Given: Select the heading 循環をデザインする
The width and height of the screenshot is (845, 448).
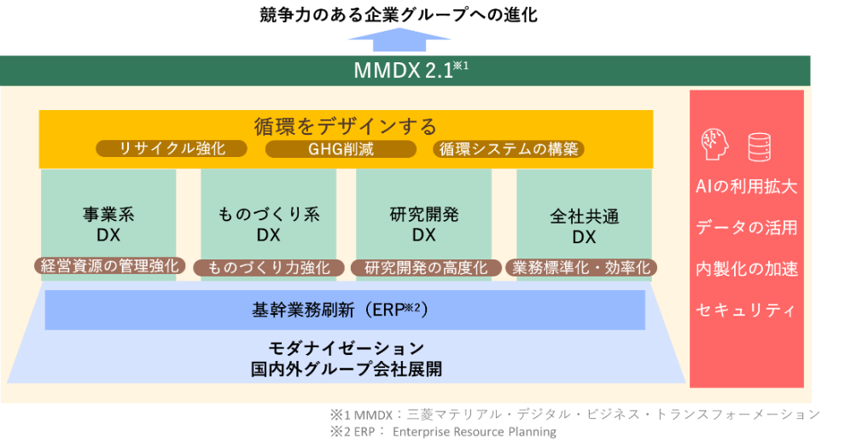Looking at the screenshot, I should tap(346, 126).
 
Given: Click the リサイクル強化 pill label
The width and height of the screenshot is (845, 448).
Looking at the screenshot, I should tap(172, 148).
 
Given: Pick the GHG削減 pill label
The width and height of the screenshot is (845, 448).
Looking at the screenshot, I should tap(341, 149).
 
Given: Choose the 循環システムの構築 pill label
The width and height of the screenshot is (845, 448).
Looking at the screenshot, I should tap(510, 149).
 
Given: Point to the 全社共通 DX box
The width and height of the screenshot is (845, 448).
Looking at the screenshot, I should tap(584, 220).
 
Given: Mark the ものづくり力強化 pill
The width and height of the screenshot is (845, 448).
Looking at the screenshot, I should tap(268, 267).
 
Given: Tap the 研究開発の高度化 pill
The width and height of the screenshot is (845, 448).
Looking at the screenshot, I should tap(425, 267).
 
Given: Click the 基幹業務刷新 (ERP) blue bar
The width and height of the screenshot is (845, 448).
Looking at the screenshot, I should tap(344, 310).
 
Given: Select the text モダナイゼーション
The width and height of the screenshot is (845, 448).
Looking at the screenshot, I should tap(346, 348).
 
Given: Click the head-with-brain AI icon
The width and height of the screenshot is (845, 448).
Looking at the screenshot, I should tap(714, 145).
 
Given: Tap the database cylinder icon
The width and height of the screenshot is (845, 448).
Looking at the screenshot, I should tap(760, 146).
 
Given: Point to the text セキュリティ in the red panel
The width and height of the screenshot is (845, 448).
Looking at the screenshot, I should tap(746, 309).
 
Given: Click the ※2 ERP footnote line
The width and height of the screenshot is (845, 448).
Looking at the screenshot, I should tap(443, 432).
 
